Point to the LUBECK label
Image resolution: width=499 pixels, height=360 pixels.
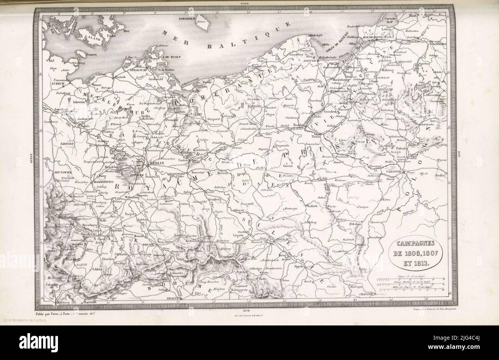pyautogui.click(x=53, y=83)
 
